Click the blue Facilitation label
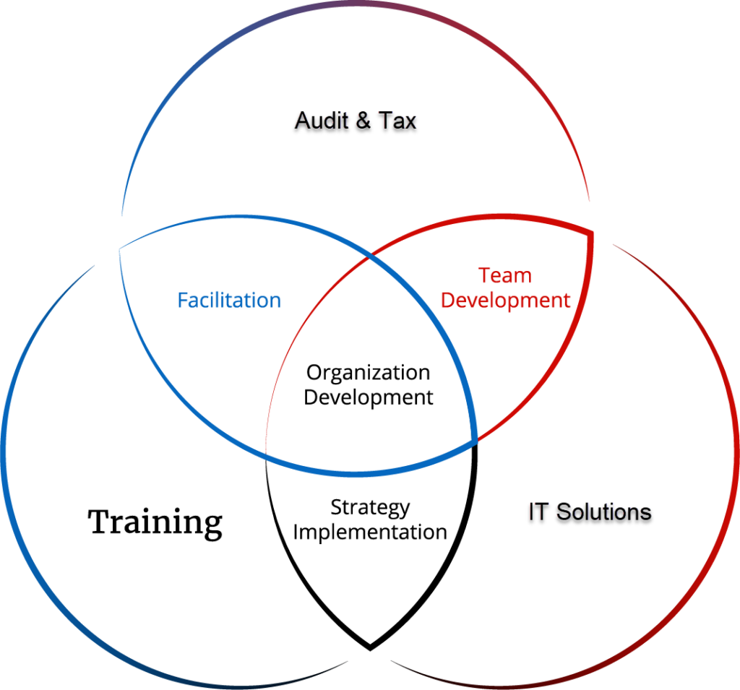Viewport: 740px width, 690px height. pyautogui.click(x=228, y=300)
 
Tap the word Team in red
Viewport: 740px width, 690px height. pyautogui.click(x=505, y=276)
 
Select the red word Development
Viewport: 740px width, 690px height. pyautogui.click(x=505, y=300)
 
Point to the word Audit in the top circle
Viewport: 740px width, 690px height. pyautogui.click(x=322, y=120)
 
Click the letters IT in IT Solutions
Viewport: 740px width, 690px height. pyautogui.click(x=537, y=512)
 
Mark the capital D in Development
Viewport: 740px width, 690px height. pyautogui.click(x=447, y=300)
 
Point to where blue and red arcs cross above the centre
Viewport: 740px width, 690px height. pyautogui.click(x=370, y=256)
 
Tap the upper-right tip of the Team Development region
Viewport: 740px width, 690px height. pyautogui.click(x=593, y=233)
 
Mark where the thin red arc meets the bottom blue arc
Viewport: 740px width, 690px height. pyautogui.click(x=267, y=453)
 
